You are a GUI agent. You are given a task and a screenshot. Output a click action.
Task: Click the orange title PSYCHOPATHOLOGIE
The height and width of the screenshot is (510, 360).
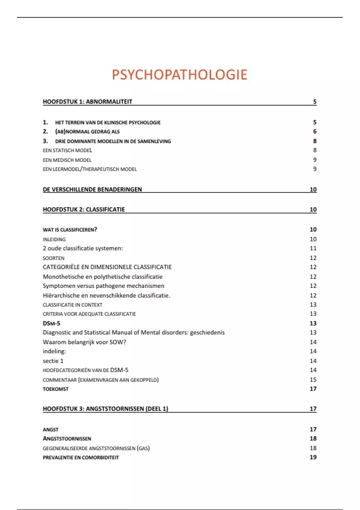click(x=179, y=75)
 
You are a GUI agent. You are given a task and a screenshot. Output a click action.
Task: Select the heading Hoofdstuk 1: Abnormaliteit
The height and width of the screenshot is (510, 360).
click(x=87, y=102)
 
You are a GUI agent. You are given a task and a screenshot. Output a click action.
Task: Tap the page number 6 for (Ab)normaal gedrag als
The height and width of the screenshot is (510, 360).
click(x=315, y=131)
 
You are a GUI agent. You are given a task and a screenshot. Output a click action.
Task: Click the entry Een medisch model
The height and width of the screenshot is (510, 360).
click(x=67, y=160)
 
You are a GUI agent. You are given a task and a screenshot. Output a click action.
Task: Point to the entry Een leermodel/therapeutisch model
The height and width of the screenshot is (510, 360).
click(x=90, y=169)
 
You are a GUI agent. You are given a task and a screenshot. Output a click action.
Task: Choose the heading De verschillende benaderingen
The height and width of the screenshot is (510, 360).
click(x=92, y=190)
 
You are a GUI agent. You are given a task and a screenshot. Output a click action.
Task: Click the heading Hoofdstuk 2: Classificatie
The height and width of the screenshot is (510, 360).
click(x=84, y=210)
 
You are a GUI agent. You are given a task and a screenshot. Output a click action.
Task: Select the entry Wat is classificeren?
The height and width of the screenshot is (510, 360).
click(x=70, y=230)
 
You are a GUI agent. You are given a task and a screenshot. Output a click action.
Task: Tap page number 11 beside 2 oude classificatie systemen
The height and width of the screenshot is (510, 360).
click(x=313, y=248)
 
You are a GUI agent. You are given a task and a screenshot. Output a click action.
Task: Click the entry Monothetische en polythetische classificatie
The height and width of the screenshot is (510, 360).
click(x=103, y=277)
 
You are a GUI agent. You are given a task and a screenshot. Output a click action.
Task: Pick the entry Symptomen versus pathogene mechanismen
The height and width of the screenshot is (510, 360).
click(x=103, y=286)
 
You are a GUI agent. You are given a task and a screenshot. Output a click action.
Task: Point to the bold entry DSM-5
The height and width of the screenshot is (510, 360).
click(x=51, y=323)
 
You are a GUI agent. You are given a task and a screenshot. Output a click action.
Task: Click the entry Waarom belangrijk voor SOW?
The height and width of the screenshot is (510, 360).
click(x=84, y=342)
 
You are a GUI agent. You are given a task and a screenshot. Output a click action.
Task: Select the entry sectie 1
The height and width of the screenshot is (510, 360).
click(x=53, y=361)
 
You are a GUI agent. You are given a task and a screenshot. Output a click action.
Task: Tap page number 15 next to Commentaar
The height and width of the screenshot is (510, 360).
click(x=313, y=380)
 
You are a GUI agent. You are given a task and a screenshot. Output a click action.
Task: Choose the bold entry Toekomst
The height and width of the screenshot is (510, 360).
click(x=55, y=389)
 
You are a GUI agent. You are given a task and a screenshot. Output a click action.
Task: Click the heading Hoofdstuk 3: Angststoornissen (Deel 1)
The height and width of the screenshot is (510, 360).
click(x=105, y=409)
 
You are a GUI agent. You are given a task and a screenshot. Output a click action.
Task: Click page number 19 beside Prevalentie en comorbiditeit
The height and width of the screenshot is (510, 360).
click(x=313, y=457)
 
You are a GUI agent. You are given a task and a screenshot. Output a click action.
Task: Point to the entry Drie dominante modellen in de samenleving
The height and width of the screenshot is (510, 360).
click(x=113, y=141)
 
